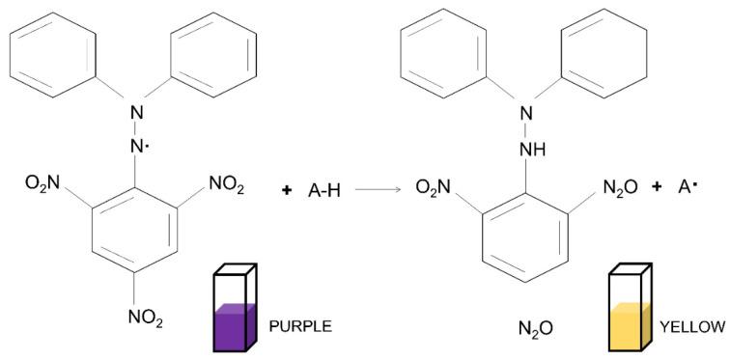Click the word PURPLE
[300, 326]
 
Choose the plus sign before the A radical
[657, 186]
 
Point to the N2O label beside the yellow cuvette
[535, 329]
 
